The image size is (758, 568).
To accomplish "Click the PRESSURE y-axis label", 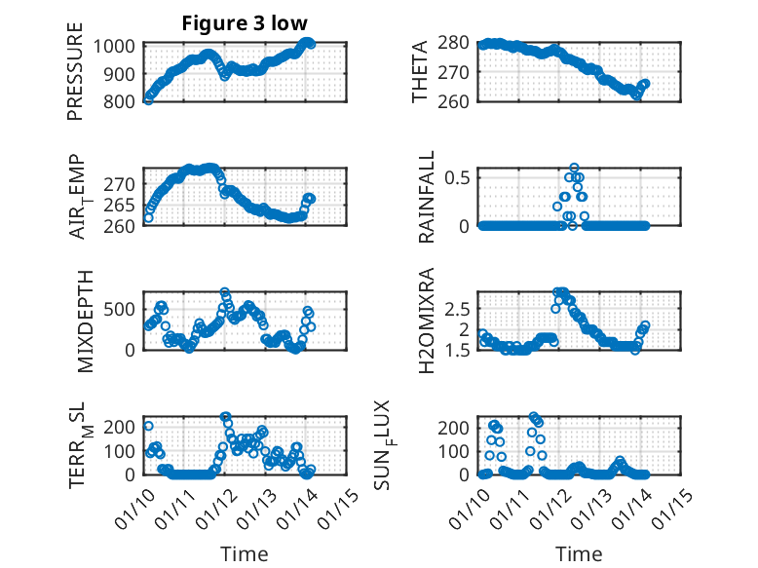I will [x=75, y=79].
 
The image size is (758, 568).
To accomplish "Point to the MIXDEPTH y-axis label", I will [x=75, y=324].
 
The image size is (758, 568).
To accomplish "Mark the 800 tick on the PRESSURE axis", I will [x=123, y=100].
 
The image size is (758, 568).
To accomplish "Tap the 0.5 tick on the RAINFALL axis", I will [x=460, y=177].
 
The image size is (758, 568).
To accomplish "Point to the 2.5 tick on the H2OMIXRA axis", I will [x=460, y=309].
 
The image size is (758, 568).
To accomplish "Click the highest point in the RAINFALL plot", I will [x=574, y=168].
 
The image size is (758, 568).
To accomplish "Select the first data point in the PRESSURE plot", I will [x=148, y=99].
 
